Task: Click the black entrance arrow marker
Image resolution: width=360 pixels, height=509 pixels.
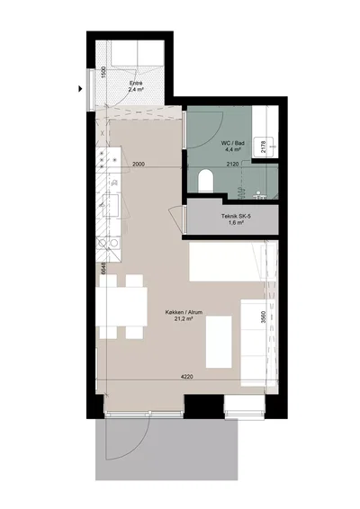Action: (x=80, y=88)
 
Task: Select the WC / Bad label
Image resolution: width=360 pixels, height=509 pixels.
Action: (x=232, y=143)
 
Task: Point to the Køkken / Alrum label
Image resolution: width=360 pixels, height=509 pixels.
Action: (x=184, y=312)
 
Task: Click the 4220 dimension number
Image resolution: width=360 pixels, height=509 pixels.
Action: (x=187, y=377)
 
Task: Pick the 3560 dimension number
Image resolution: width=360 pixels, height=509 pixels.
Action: (x=264, y=317)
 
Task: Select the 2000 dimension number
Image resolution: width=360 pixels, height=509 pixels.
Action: (x=139, y=164)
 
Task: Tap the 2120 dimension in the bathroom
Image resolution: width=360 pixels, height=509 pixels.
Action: (x=232, y=165)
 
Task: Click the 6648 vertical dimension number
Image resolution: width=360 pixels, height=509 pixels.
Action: (x=103, y=269)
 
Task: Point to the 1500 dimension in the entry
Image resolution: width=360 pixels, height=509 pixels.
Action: (x=103, y=72)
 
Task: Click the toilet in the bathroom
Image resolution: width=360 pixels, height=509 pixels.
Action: (x=205, y=181)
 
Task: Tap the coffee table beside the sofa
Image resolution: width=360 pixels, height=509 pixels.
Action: (x=219, y=342)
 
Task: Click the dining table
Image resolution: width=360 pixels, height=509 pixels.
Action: (x=121, y=307)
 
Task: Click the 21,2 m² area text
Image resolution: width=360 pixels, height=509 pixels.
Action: (x=184, y=319)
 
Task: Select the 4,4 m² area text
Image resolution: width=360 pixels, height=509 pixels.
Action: (x=232, y=149)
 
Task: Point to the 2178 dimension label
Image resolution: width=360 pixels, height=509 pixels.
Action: (x=264, y=147)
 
